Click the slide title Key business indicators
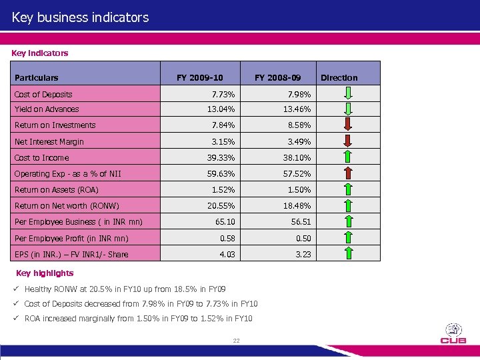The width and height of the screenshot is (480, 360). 80,17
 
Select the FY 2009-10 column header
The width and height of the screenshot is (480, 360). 199,77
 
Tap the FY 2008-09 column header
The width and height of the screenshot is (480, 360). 277,77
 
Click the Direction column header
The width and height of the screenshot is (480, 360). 339,77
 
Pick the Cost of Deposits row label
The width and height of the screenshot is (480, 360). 43,95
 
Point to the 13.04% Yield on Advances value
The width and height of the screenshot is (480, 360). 221,109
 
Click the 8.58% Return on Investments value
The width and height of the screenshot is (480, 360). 297,125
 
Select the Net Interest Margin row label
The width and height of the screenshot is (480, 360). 49,141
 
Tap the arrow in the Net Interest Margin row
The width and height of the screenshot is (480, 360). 349,141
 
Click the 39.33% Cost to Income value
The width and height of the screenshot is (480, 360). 221,158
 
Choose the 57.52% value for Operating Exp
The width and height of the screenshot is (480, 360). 297,174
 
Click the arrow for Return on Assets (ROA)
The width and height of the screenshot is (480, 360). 349,190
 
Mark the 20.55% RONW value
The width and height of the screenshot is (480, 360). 221,206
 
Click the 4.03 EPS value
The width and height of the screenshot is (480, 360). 227,254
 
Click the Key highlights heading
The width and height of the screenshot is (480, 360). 45,273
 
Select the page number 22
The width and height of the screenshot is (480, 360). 236,341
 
